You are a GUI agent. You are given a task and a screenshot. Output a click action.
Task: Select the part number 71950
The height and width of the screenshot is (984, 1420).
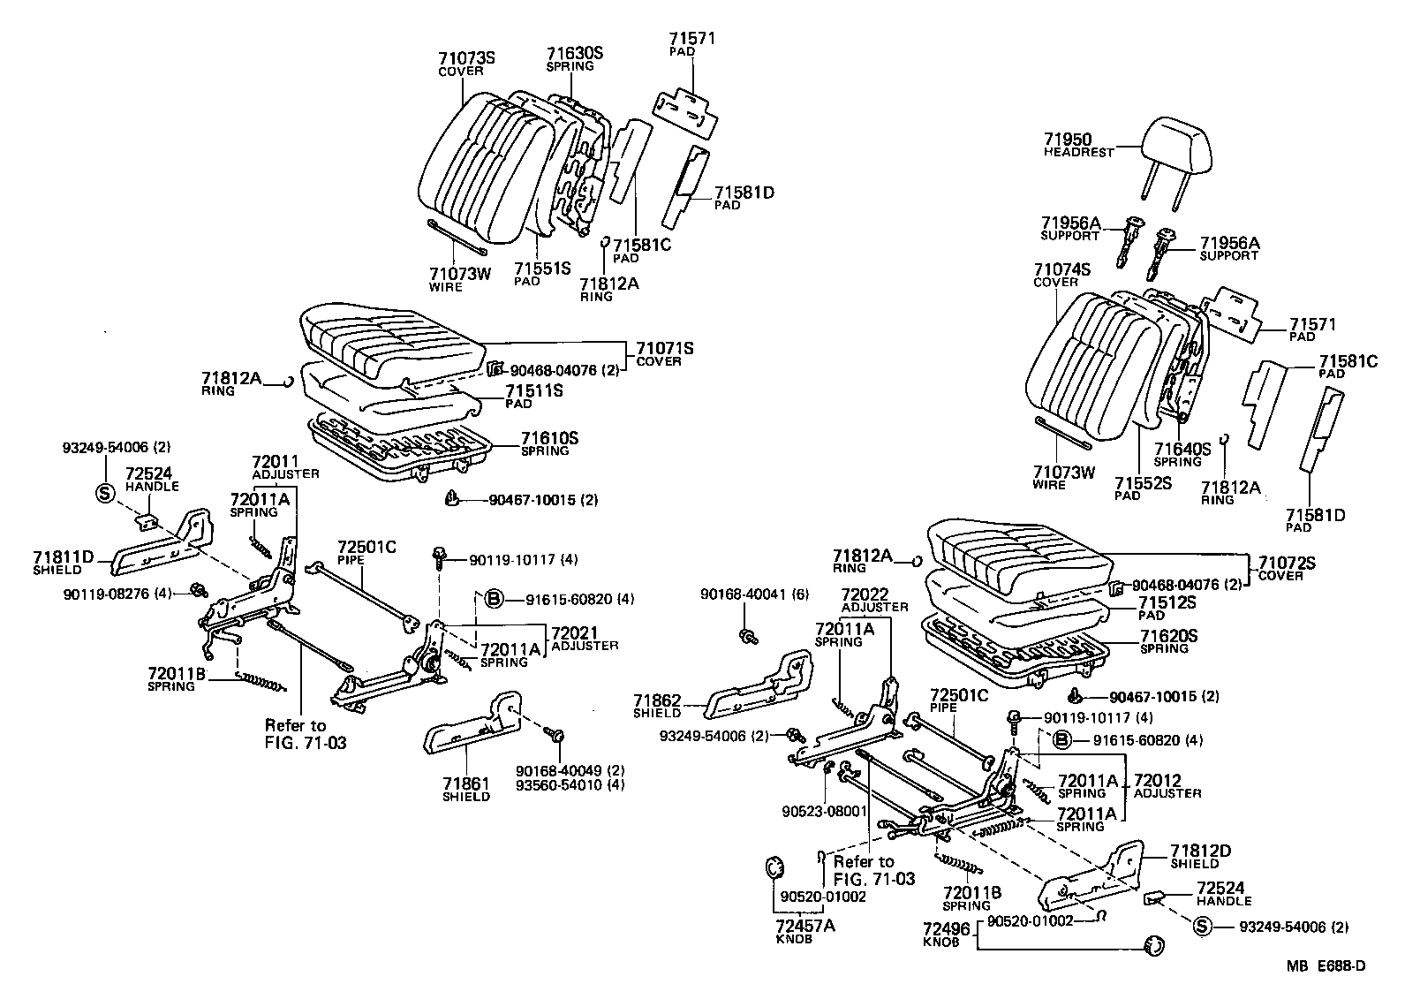(1067, 140)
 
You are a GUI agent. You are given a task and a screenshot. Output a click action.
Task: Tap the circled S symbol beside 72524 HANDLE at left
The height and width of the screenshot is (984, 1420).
(103, 494)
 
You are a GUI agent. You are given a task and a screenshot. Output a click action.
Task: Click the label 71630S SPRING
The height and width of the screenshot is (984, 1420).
(574, 59)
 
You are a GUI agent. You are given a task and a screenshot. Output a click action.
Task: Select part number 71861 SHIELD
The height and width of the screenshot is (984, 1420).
(466, 789)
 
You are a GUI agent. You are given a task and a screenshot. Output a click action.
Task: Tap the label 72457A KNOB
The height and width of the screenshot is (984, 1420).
(804, 931)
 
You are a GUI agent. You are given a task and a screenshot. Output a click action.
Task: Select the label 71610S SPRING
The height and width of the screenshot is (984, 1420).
(549, 443)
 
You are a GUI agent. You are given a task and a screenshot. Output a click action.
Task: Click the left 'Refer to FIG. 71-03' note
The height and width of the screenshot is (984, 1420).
(305, 734)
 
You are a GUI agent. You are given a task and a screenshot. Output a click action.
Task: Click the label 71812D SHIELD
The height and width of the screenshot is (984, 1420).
(1200, 857)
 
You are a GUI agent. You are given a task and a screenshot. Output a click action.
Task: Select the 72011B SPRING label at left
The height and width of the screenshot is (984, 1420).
(177, 679)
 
